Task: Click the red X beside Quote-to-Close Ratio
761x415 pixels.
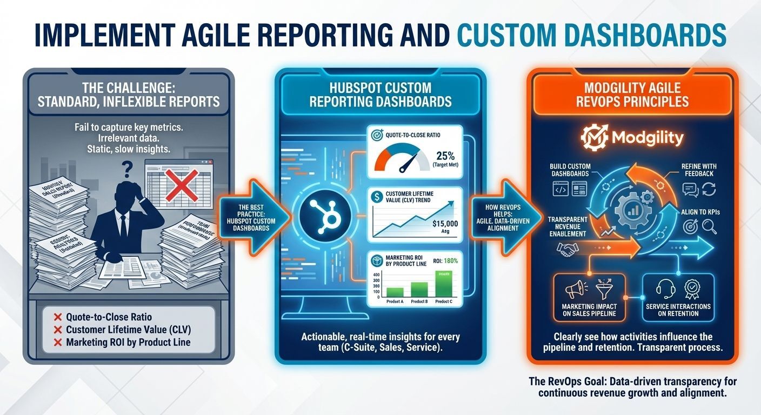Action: click(x=56, y=317)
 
